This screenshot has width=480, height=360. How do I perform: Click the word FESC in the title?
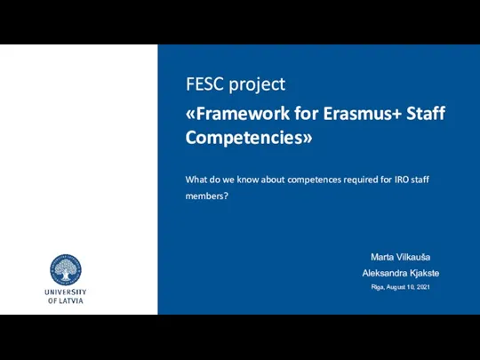[204, 84]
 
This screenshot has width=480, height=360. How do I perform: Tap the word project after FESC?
[257, 85]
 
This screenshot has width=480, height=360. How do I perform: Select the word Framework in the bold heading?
[243, 113]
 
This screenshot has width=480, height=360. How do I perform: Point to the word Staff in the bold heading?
[426, 113]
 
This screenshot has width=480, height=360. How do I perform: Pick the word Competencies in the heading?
[244, 138]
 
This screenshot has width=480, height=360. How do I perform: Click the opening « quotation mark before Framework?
[190, 114]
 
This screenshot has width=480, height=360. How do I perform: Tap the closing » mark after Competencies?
[308, 139]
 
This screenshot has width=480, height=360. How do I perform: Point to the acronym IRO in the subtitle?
[402, 180]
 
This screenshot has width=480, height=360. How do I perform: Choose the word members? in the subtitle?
[207, 196]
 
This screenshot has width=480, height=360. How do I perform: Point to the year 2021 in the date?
[423, 287]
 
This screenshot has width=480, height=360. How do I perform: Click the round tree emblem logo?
[66, 269]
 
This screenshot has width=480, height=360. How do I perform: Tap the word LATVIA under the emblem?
[70, 300]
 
